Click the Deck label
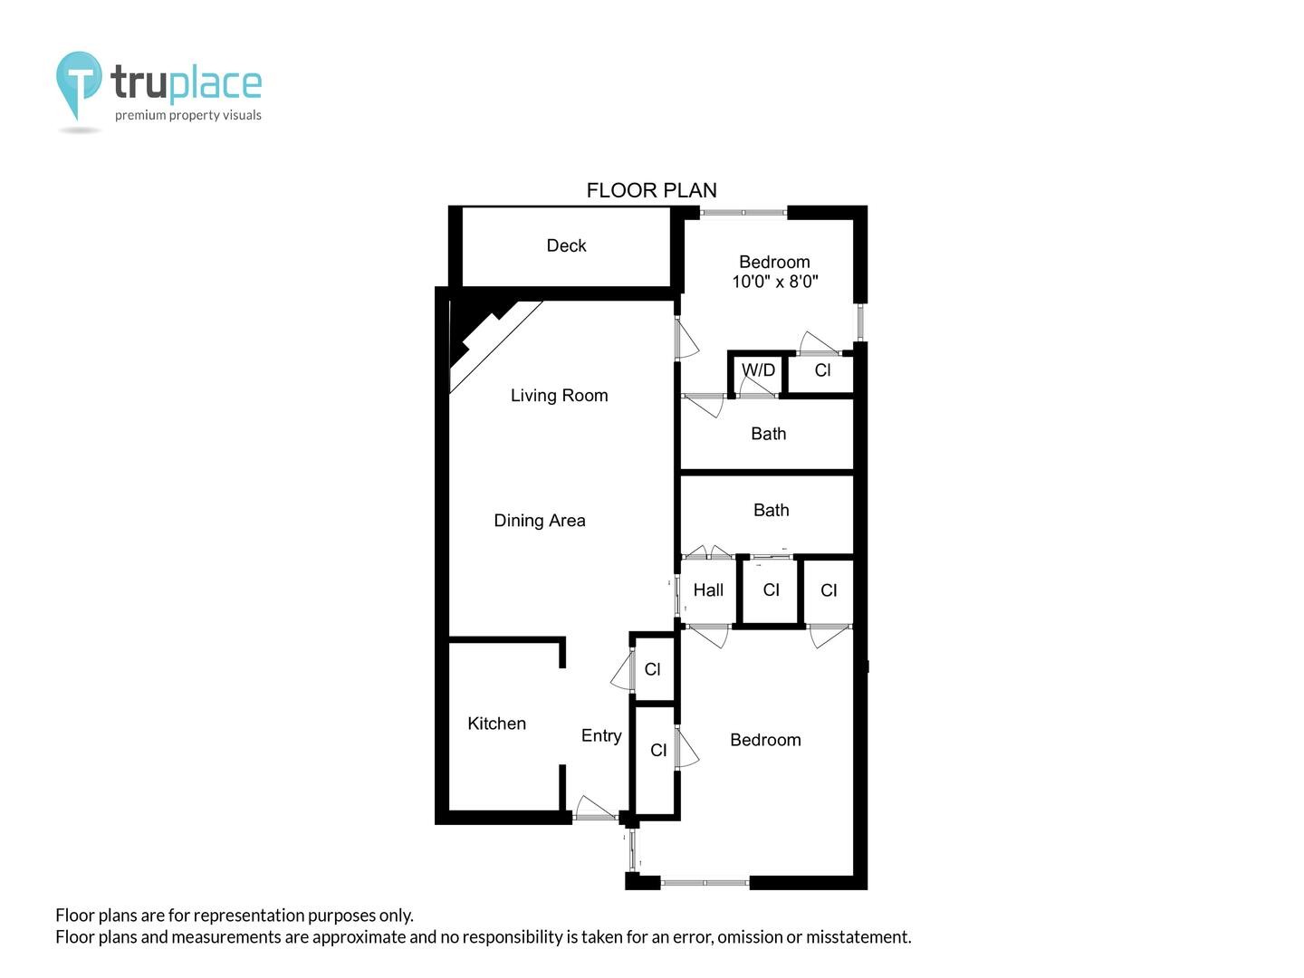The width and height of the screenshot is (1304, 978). pyautogui.click(x=566, y=245)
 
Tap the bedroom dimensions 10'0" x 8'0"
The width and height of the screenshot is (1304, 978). pyautogui.click(x=774, y=282)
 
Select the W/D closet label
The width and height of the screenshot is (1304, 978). pyautogui.click(x=758, y=370)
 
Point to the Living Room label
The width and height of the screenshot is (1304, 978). pyautogui.click(x=559, y=396)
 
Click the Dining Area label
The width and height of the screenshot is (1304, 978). pyautogui.click(x=540, y=521)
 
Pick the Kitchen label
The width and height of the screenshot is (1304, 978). pyautogui.click(x=496, y=724)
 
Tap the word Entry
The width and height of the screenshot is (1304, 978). pyautogui.click(x=601, y=736)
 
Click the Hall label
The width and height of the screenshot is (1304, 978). pyautogui.click(x=708, y=590)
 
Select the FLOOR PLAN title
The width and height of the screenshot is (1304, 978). pyautogui.click(x=651, y=190)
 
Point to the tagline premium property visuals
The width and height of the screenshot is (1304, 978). pyautogui.click(x=187, y=115)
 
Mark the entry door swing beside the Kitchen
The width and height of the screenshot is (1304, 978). pyautogui.click(x=594, y=808)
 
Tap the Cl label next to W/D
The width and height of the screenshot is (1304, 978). pyautogui.click(x=822, y=370)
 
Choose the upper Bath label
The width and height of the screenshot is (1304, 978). pyautogui.click(x=768, y=434)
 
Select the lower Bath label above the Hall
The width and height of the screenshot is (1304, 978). pyautogui.click(x=772, y=510)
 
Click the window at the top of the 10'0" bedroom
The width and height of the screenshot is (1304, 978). pyautogui.click(x=743, y=213)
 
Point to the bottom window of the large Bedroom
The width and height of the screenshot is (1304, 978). pyautogui.click(x=705, y=883)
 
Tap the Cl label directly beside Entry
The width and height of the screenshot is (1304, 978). pyautogui.click(x=657, y=751)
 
